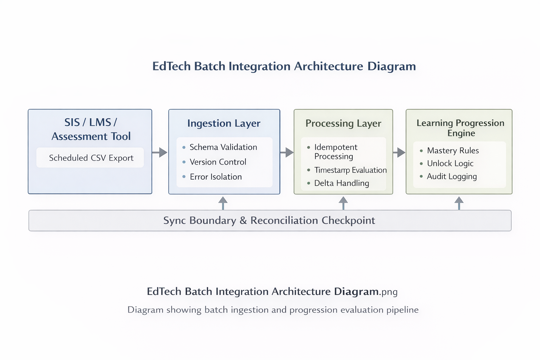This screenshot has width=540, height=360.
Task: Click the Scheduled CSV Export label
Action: click(91, 158)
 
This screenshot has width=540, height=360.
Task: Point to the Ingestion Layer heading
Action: click(224, 123)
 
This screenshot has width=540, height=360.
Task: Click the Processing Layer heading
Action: click(343, 123)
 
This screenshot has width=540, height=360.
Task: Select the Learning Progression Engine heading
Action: click(460, 128)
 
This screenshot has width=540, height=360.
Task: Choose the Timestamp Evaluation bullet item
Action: click(350, 170)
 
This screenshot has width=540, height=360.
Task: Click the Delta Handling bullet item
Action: click(341, 183)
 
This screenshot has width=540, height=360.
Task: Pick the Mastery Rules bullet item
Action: click(452, 150)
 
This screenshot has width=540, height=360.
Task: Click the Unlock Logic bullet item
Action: click(450, 163)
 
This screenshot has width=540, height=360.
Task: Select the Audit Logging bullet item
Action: click(451, 176)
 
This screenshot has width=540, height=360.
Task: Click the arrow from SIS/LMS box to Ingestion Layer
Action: click(160, 152)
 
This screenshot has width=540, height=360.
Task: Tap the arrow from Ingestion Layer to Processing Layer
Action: click(287, 152)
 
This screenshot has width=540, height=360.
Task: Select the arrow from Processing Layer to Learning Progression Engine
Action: click(399, 152)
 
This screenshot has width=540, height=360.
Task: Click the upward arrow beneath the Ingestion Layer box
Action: click(223, 203)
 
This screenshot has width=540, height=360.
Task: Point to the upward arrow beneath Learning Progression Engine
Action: click(459, 203)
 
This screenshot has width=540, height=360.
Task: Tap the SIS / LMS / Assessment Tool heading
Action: click(91, 129)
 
